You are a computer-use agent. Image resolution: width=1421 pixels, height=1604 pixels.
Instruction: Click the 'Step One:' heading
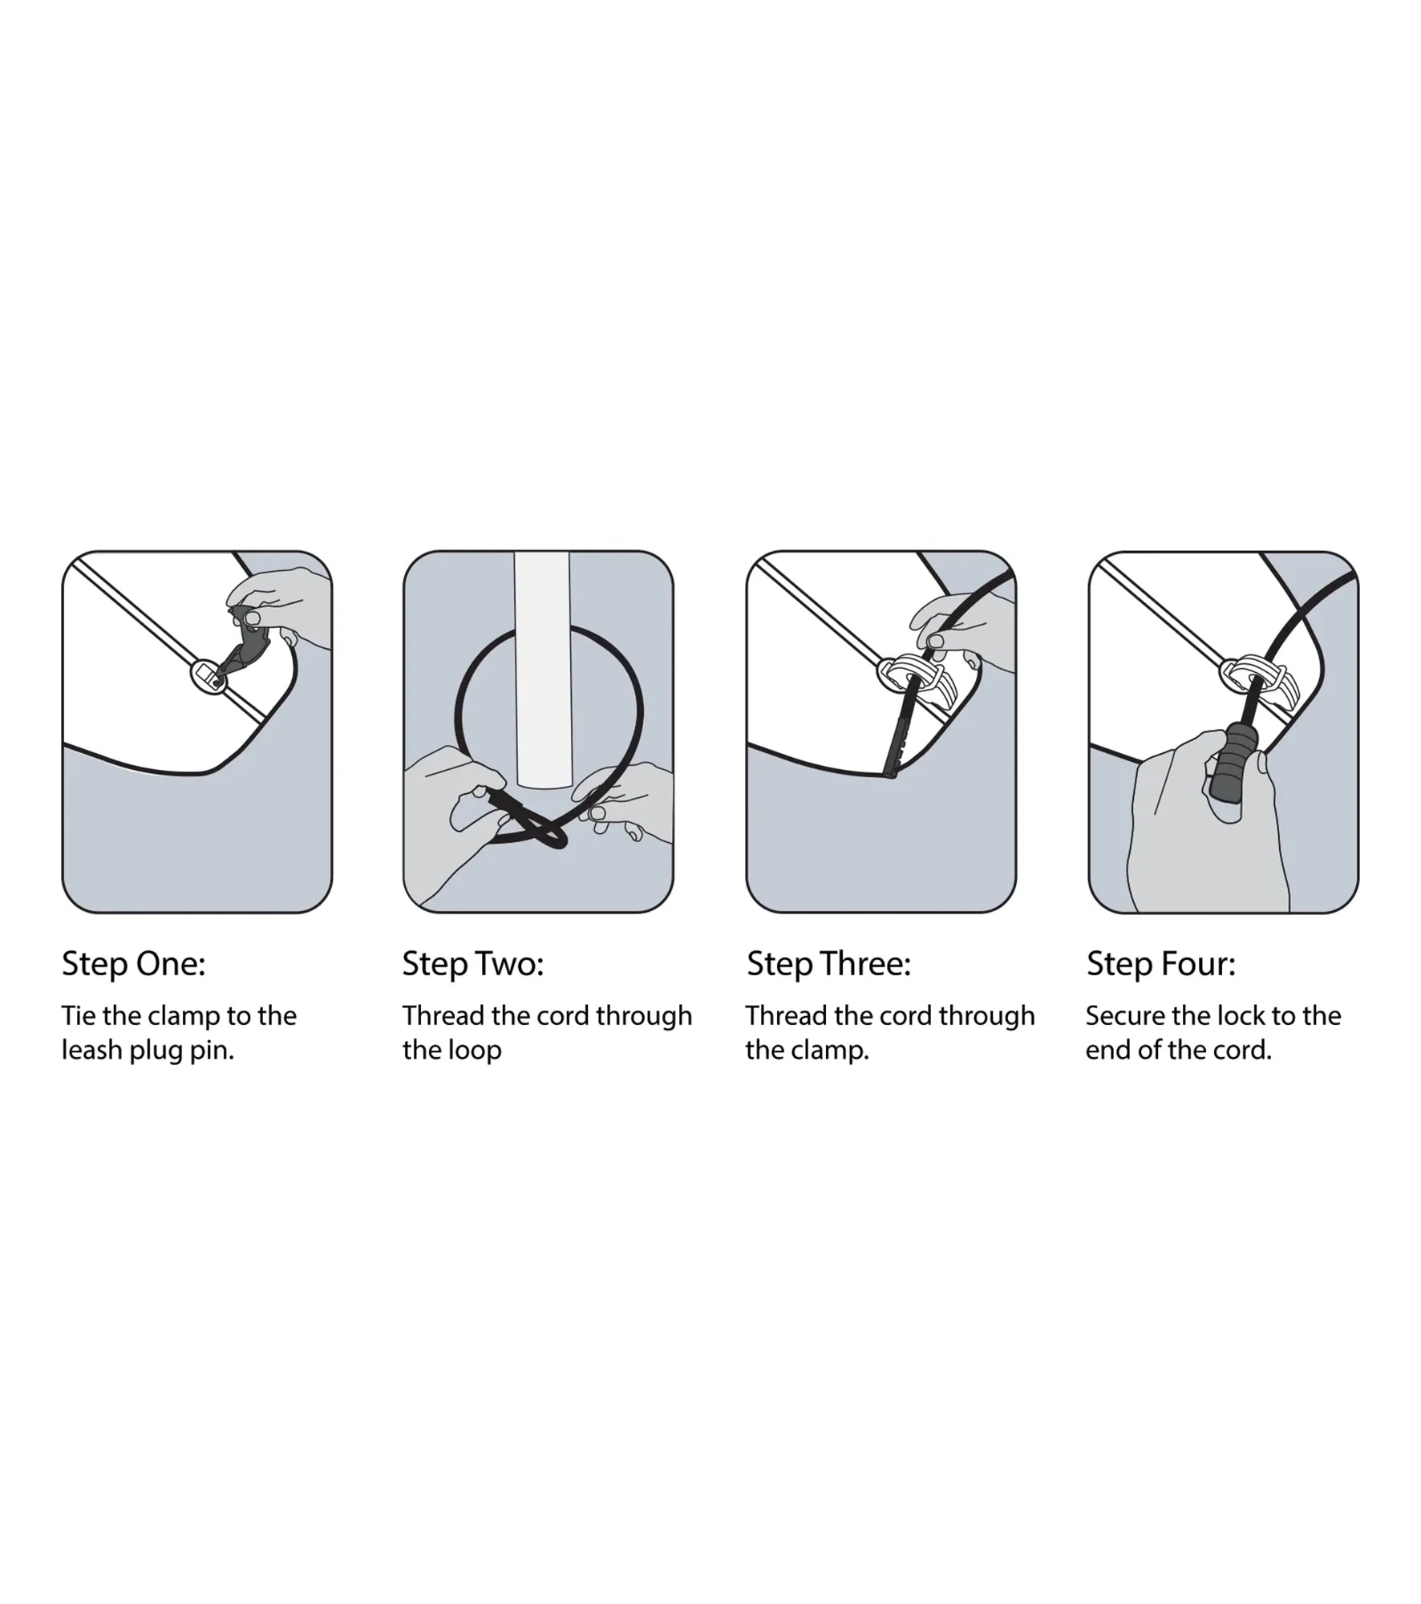tap(134, 964)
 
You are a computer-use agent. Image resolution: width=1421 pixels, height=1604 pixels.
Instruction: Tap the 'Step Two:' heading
tap(473, 964)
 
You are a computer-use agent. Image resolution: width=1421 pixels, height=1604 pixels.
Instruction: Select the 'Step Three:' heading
tap(829, 964)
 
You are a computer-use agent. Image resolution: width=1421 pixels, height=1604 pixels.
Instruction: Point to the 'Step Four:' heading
tap(1161, 964)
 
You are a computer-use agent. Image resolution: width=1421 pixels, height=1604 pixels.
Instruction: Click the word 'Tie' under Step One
tap(79, 1016)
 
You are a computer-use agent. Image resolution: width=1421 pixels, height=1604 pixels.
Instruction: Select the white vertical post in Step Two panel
tap(542, 670)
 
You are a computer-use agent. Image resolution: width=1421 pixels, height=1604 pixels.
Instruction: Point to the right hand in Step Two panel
tap(625, 802)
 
